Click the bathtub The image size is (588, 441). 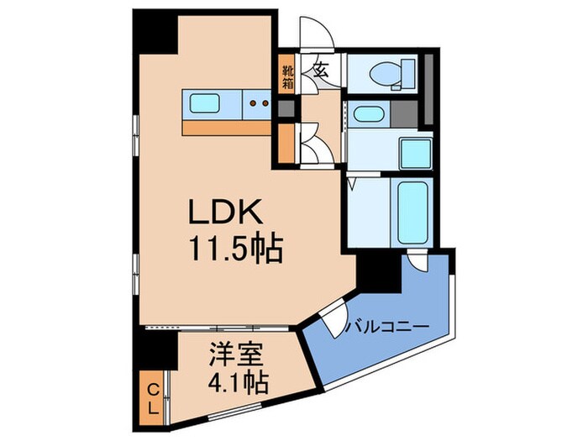pyautogui.click(x=412, y=210)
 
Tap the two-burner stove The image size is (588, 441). pyautogui.click(x=258, y=105)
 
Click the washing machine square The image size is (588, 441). pyautogui.click(x=416, y=152)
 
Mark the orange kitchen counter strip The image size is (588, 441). pyautogui.click(x=226, y=128)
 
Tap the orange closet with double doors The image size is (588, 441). pyautogui.click(x=288, y=144)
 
